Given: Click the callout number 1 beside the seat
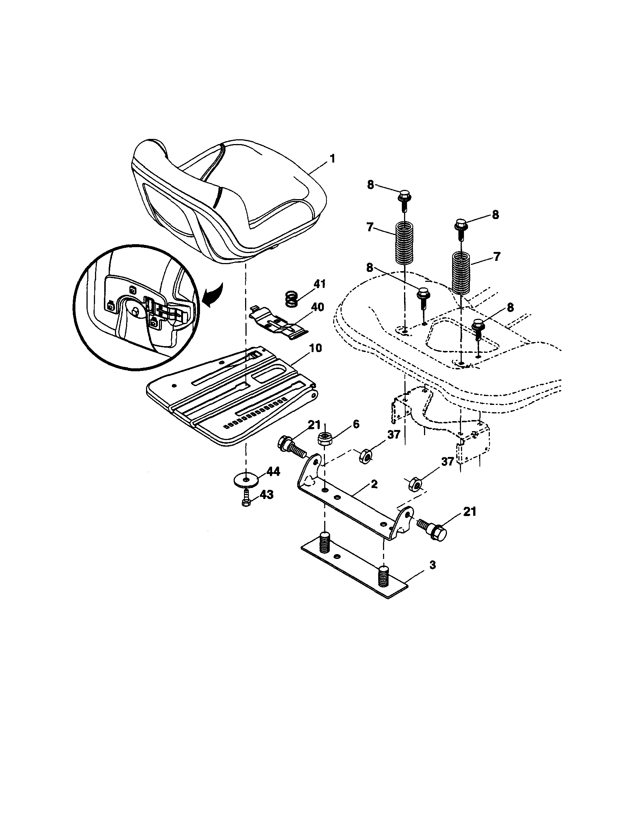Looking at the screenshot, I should tap(332, 158).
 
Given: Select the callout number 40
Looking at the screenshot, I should tap(317, 307).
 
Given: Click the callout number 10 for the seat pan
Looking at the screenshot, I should tap(315, 348).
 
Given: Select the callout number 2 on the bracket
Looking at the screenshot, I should tap(373, 484).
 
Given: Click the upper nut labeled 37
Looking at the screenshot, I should tap(365, 456).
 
